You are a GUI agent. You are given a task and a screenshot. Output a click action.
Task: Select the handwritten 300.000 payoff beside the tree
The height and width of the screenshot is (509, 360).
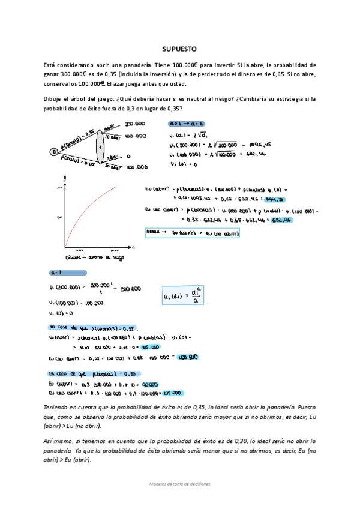(136, 124)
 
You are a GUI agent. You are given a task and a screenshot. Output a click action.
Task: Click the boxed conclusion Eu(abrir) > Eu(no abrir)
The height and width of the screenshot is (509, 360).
(191, 232)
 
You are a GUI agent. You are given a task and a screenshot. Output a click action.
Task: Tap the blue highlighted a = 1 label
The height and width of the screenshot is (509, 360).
(58, 271)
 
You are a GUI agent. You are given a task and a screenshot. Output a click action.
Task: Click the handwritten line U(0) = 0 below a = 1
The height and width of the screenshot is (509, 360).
(61, 313)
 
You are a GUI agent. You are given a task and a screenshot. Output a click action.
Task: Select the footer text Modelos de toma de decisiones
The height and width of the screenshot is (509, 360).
(180, 483)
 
